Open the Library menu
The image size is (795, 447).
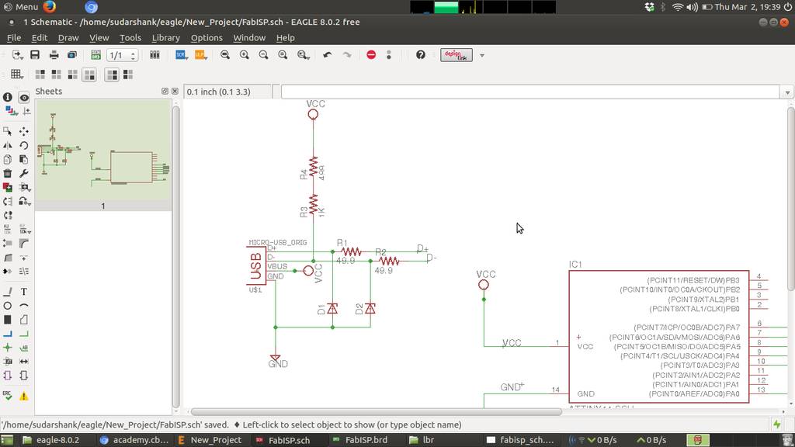pyautogui.click(x=165, y=37)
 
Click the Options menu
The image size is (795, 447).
pyautogui.click(x=207, y=37)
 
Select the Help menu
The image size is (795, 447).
pyautogui.click(x=285, y=37)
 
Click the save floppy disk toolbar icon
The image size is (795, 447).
pyautogui.click(x=35, y=55)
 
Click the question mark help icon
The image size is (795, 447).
pyautogui.click(x=421, y=55)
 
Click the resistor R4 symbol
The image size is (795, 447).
pyautogui.click(x=313, y=167)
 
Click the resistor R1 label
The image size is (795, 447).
pyautogui.click(x=342, y=243)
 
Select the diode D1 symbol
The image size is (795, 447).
pyautogui.click(x=332, y=309)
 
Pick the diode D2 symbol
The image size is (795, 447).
pyautogui.click(x=370, y=309)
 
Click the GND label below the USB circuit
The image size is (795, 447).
pyautogui.click(x=278, y=364)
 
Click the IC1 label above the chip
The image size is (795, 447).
pyautogui.click(x=575, y=265)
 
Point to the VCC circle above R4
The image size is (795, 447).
pyautogui.click(x=313, y=114)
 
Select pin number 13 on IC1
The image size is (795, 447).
pyautogui.click(x=761, y=390)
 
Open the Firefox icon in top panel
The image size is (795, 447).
pyautogui.click(x=50, y=7)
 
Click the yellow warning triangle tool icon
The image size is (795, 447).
pyautogui.click(x=24, y=396)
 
